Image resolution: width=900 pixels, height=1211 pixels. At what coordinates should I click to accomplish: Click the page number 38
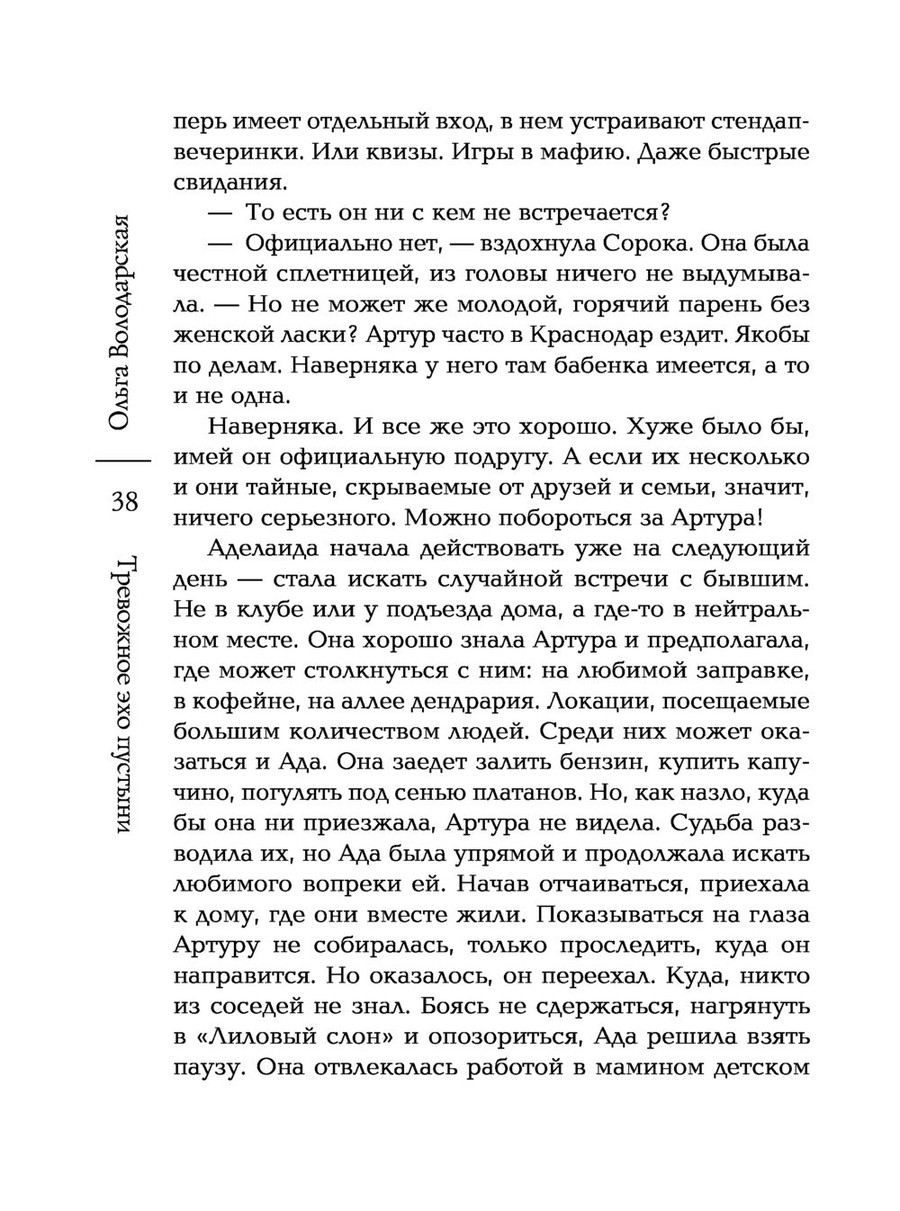(x=124, y=501)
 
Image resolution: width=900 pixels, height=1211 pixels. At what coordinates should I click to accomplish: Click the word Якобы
(x=772, y=336)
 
